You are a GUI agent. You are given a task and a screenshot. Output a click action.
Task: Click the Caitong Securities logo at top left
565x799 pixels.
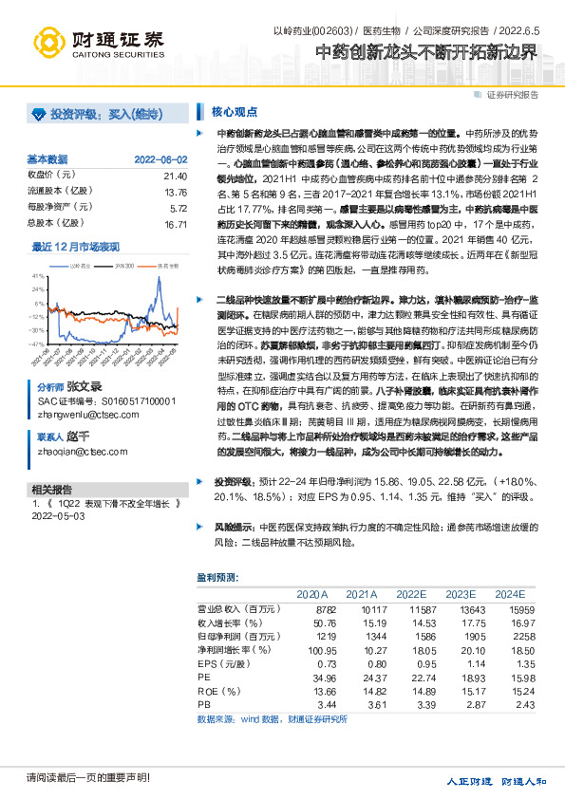click(95, 40)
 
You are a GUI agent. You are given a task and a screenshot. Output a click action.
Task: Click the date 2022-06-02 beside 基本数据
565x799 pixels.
click(160, 159)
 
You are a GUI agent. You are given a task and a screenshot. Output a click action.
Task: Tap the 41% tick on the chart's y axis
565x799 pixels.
click(37, 275)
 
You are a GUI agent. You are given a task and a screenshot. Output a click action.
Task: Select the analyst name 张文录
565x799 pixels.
click(84, 388)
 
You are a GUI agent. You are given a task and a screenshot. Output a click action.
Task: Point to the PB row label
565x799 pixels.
click(203, 707)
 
